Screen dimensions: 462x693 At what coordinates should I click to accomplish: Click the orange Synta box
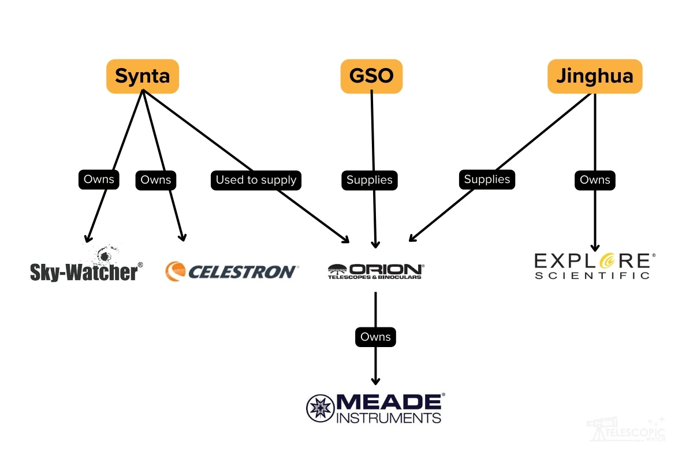coord(142,76)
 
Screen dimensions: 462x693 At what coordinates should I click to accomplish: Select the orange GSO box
coord(371,76)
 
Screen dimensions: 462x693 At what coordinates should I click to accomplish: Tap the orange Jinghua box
coord(594,76)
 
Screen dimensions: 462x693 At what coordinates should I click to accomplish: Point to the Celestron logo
coord(231,271)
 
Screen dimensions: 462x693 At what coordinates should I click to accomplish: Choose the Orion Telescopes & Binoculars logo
coord(375,271)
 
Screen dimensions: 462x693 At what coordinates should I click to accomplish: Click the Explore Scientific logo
coord(595,266)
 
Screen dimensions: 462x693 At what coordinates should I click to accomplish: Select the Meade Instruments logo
coord(375,408)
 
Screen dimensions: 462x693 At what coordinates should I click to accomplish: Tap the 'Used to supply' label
coord(256,180)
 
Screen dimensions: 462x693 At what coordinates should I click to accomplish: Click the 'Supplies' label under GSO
coord(370,180)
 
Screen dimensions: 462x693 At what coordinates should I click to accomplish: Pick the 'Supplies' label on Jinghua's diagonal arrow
coord(487,179)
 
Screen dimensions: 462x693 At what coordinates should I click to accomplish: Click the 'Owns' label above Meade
coord(375,337)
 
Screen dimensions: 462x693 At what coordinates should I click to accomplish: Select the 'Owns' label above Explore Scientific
coord(595,180)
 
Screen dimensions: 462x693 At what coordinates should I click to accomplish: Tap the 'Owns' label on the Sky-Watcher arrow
coord(99,179)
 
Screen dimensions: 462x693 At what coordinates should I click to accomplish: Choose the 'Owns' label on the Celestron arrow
coord(156,180)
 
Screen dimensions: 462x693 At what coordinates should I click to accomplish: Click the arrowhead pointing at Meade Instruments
coord(375,381)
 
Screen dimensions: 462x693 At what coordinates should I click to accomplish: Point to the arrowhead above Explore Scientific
coord(595,248)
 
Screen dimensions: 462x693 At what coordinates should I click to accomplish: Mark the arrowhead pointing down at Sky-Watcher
coord(88,239)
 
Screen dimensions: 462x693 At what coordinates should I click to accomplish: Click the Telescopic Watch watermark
coord(627,430)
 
